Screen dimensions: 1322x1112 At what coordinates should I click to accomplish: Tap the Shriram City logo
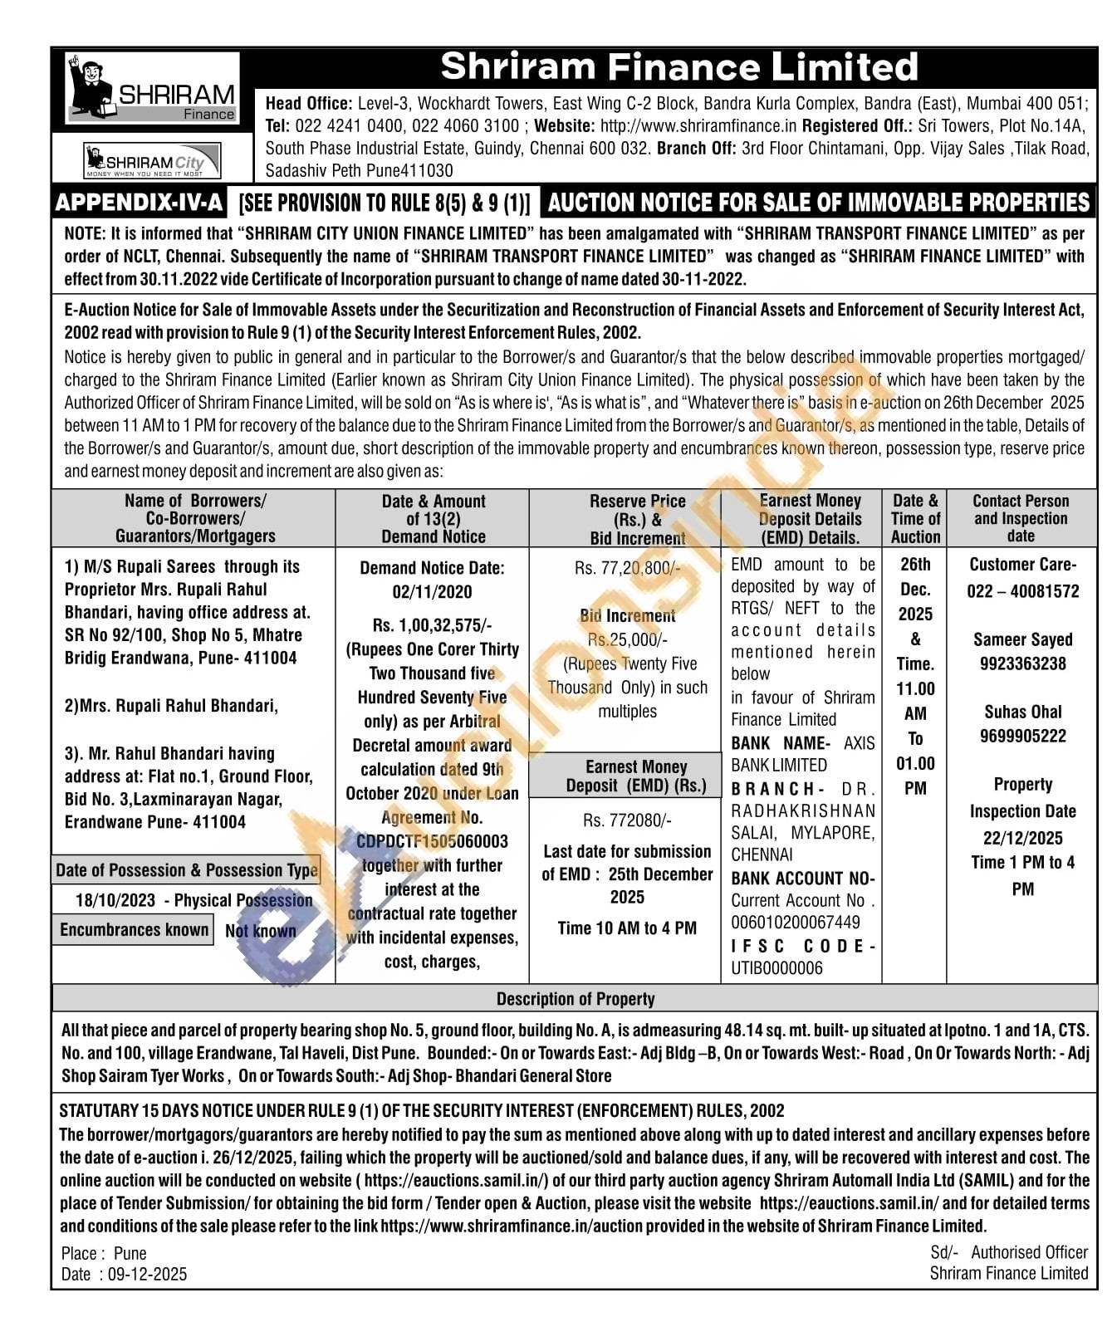(x=153, y=160)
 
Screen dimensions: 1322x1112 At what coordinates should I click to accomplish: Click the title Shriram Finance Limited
(x=678, y=66)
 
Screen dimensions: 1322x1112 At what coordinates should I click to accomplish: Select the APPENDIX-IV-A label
(x=140, y=203)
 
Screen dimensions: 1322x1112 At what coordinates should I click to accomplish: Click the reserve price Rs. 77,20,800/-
(x=627, y=569)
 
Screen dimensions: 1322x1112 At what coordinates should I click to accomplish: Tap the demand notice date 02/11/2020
(x=432, y=592)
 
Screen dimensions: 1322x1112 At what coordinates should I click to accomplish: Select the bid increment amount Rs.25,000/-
(x=627, y=639)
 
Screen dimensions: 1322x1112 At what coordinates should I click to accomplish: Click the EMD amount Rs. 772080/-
(x=627, y=820)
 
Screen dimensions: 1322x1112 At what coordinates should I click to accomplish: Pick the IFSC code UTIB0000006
(x=776, y=968)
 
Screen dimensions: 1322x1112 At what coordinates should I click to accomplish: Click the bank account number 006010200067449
(x=796, y=923)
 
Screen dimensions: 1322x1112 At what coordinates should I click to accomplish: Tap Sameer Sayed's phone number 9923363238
(x=1022, y=663)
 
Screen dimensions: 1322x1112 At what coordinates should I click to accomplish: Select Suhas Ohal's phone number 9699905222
(x=1022, y=736)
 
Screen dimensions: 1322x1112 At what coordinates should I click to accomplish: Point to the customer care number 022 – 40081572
(x=1022, y=591)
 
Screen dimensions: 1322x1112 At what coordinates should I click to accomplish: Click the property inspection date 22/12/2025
(x=1022, y=838)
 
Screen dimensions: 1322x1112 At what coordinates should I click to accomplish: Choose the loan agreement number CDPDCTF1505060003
(x=432, y=841)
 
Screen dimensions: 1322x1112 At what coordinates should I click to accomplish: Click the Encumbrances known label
(x=134, y=930)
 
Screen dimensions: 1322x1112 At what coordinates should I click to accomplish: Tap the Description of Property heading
(x=576, y=999)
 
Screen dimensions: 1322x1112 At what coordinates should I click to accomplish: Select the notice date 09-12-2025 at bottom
(x=147, y=1274)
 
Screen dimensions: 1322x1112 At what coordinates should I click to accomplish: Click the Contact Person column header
(x=1021, y=518)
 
